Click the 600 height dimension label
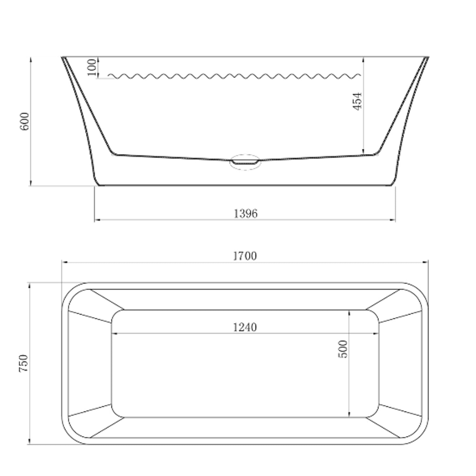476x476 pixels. pyautogui.click(x=24, y=121)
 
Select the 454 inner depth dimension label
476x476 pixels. pyautogui.click(x=357, y=101)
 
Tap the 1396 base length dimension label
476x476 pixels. pyautogui.click(x=245, y=214)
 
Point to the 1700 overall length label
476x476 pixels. pyautogui.click(x=245, y=256)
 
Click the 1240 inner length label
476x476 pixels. pyautogui.click(x=245, y=327)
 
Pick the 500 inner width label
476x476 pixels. pyautogui.click(x=343, y=349)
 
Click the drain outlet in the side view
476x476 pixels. pyautogui.click(x=245, y=162)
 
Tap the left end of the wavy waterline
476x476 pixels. pyautogui.click(x=109, y=76)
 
